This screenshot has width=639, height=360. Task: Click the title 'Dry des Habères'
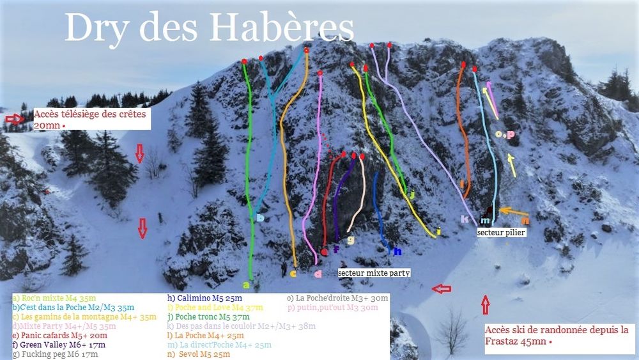click(x=209, y=27)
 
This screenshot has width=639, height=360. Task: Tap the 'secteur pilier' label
click(x=502, y=233)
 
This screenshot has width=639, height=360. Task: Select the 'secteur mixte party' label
click(x=374, y=272)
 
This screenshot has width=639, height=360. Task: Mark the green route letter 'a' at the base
click(x=246, y=284)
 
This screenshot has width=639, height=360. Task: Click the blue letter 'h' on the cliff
click(x=397, y=251)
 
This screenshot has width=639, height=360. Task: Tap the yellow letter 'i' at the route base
click(x=438, y=231)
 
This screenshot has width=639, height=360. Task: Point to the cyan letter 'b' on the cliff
click(x=260, y=217)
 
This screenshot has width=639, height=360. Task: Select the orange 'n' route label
click(x=525, y=221)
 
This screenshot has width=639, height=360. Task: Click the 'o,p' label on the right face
click(x=504, y=134)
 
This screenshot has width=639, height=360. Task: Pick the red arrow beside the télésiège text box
click(x=13, y=118)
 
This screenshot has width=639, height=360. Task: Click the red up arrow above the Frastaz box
click(x=485, y=305)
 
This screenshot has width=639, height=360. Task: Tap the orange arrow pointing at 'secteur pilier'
click(x=512, y=211)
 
